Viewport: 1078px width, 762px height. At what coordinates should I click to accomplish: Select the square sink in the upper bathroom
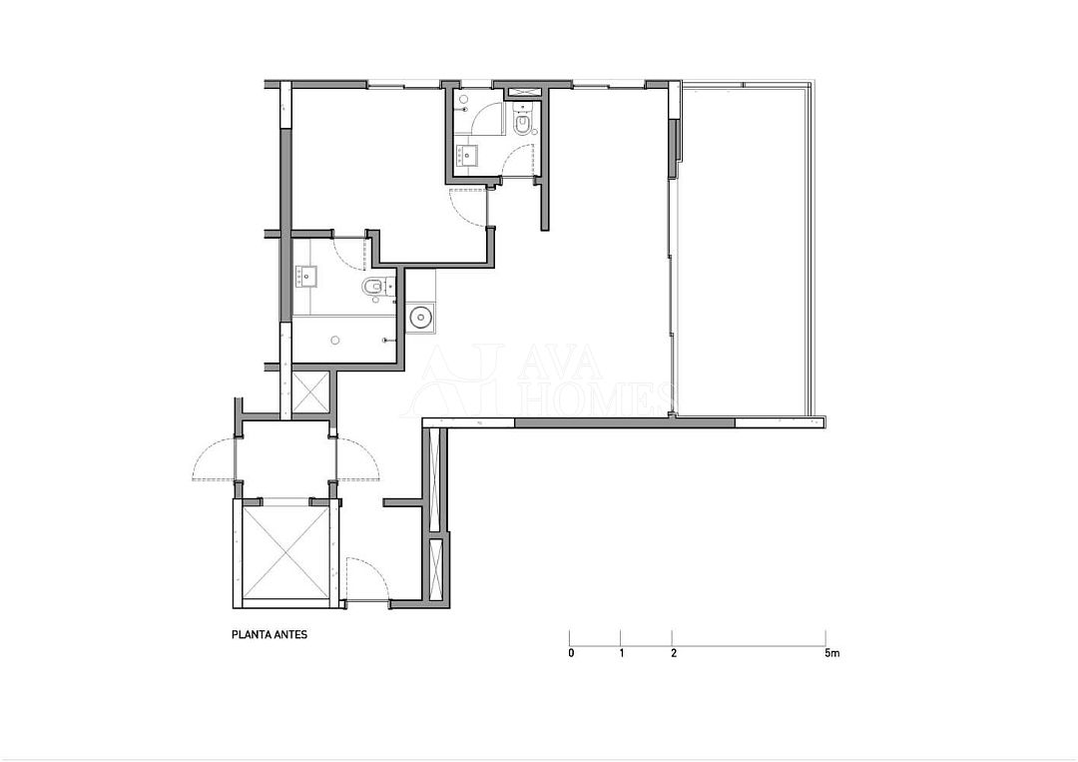coord(467,156)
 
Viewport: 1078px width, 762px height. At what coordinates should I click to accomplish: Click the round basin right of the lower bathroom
coord(420,317)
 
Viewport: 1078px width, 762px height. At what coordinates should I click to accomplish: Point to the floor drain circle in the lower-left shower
coord(334,340)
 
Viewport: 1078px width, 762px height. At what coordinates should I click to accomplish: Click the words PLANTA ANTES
coord(269,635)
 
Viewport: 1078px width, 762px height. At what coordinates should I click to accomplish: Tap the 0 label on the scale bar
coord(571,653)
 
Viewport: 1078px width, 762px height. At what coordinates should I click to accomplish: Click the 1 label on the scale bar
coord(622,653)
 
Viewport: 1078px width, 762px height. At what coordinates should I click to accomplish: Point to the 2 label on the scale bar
coord(673,653)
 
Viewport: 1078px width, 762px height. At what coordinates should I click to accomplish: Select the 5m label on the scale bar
coord(831,653)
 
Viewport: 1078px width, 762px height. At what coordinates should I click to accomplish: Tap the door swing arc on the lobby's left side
coord(214,459)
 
